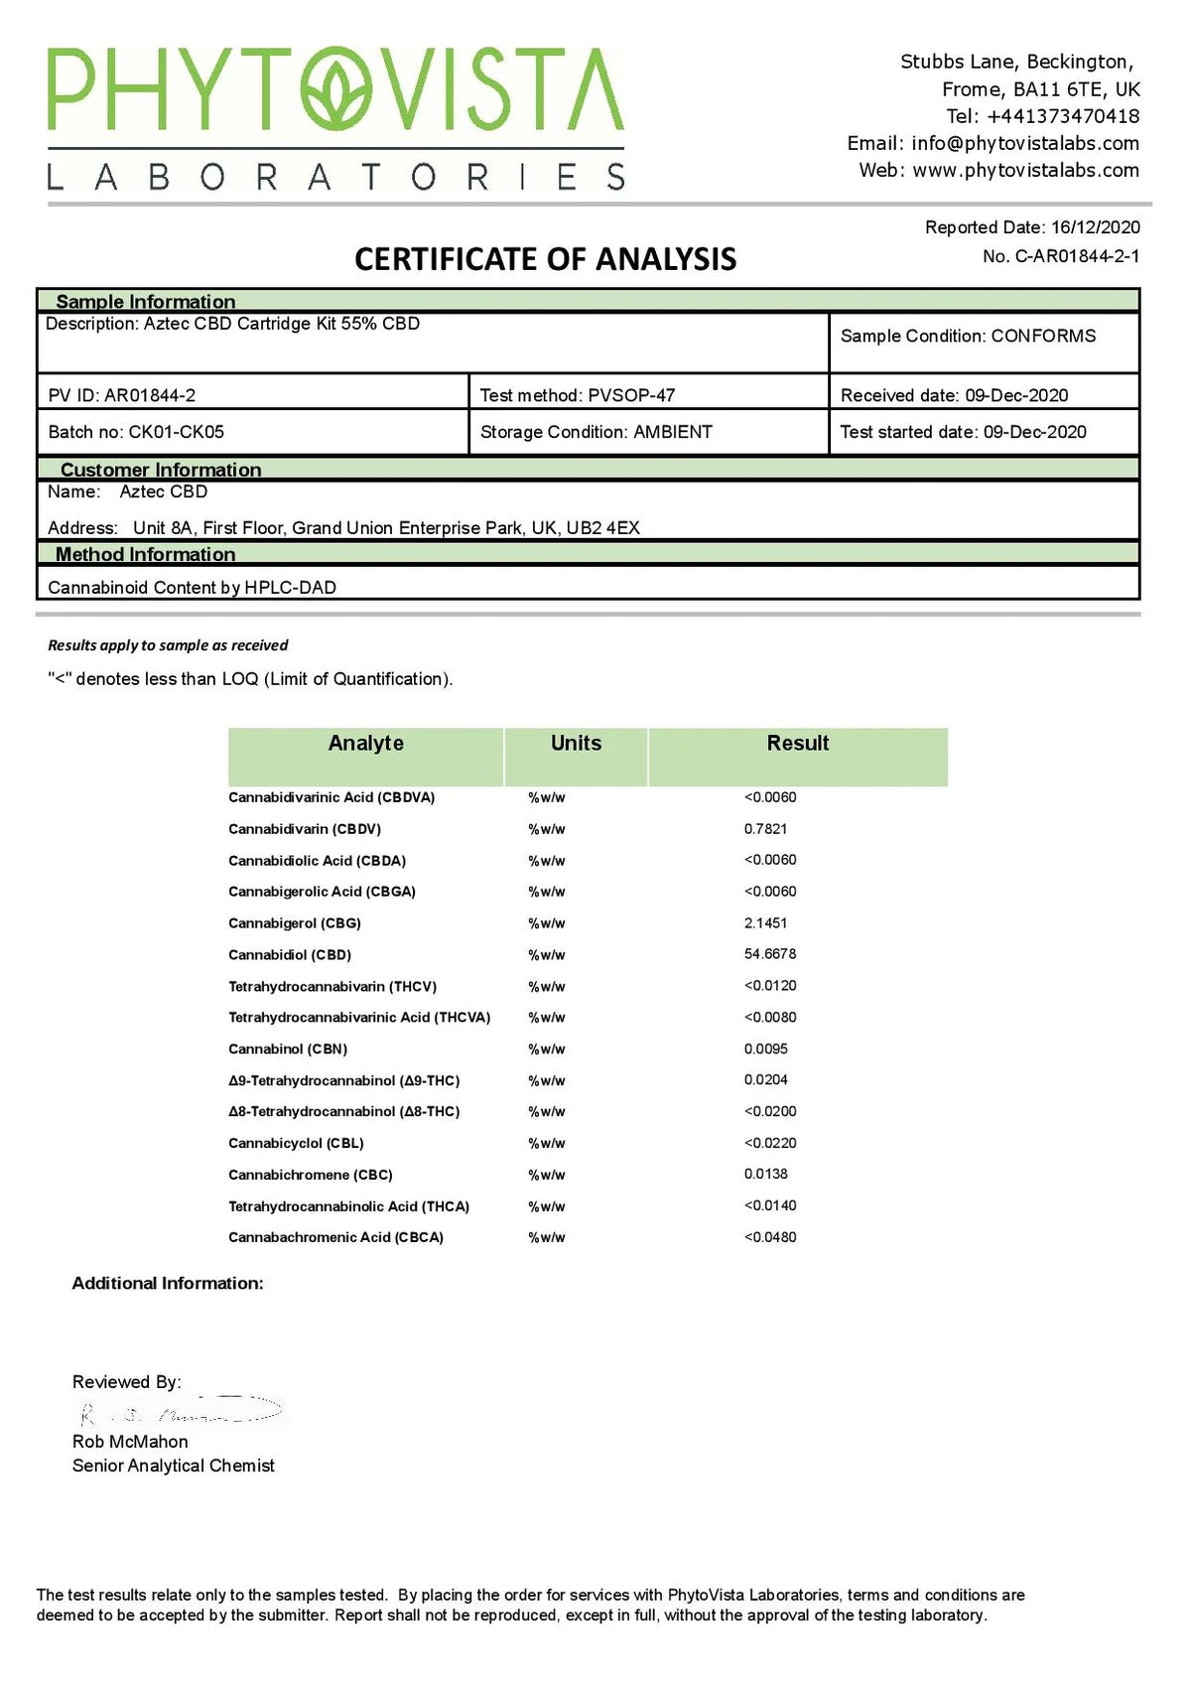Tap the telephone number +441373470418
coord(1063,116)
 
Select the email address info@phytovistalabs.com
coord(1025,143)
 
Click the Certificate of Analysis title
coord(545,259)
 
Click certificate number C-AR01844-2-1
coord(1077,256)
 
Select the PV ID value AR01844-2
coord(150,395)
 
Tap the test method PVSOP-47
coord(631,395)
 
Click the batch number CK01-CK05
coord(177,432)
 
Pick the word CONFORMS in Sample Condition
coord(1043,336)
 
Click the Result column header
coord(797,743)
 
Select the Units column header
coord(576,743)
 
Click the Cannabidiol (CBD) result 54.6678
coord(770,954)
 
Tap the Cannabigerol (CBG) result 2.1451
coord(765,922)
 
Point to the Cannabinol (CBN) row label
coord(288,1049)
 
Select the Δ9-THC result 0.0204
coord(765,1079)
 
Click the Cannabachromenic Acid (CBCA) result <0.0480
coord(770,1237)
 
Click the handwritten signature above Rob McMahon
coord(179,1411)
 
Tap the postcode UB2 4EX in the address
coord(602,528)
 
